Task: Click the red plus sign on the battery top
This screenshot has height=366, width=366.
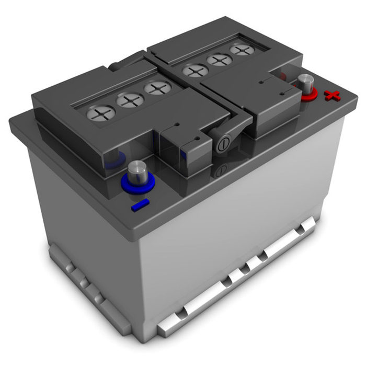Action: pos(331,95)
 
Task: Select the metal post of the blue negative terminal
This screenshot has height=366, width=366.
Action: pos(136,171)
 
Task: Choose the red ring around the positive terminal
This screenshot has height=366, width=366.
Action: pos(308,94)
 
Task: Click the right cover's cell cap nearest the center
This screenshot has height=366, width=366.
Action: pos(196,70)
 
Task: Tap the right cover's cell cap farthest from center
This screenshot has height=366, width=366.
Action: pos(241,50)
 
